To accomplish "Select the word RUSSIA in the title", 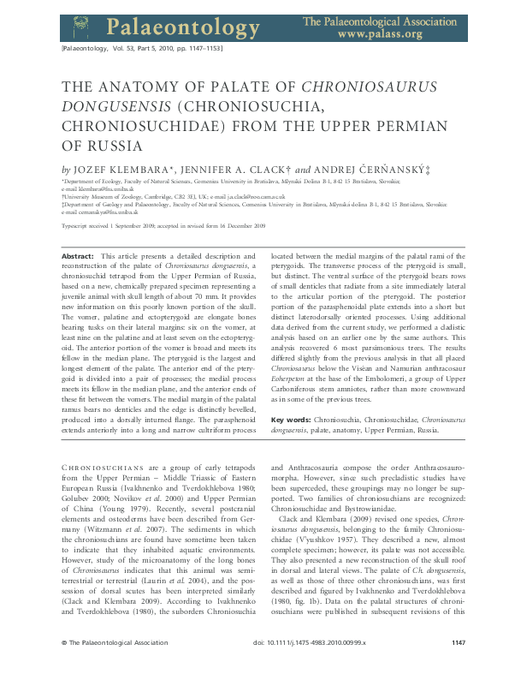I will pyautogui.click(x=108, y=146).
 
